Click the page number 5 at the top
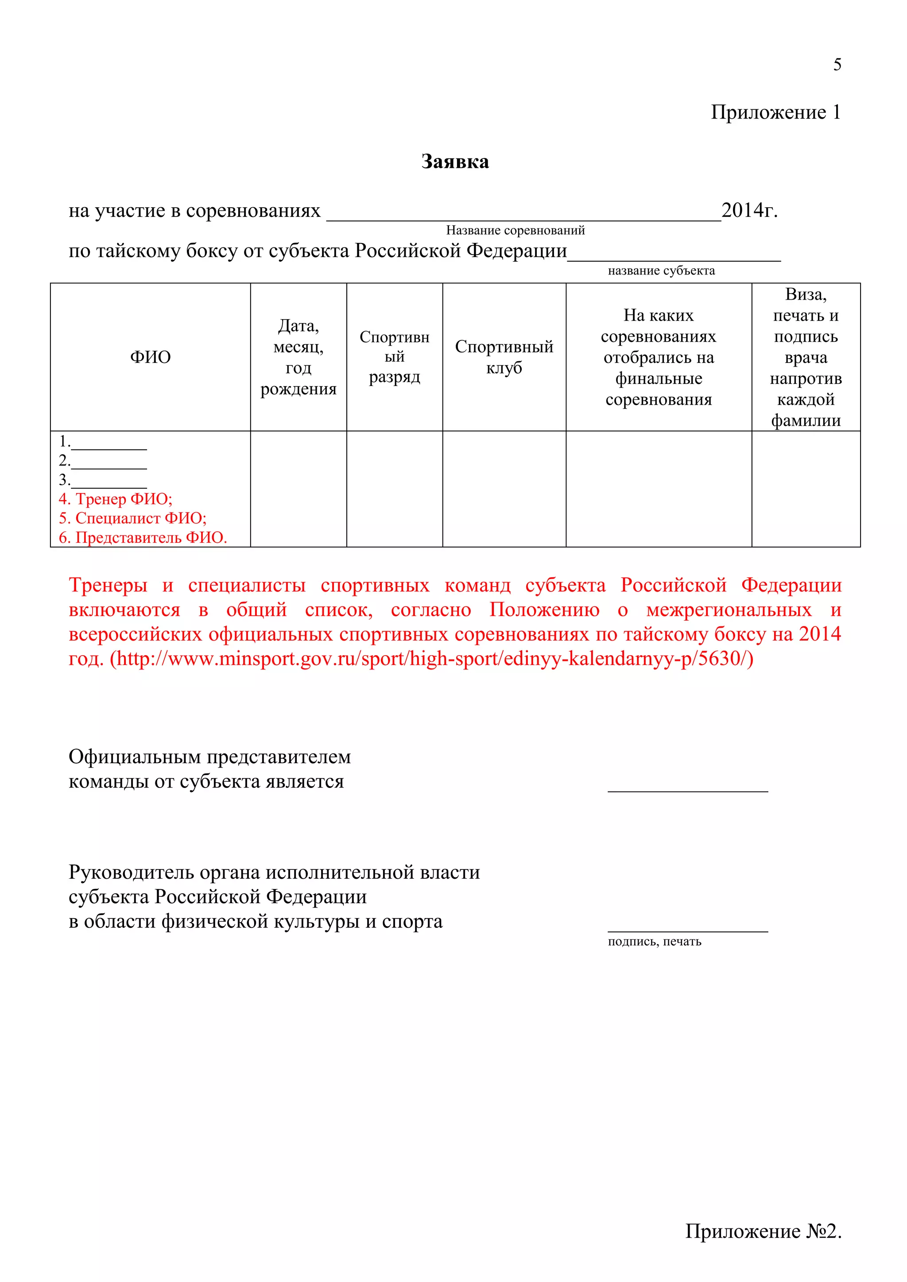tap(837, 65)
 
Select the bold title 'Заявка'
tap(455, 162)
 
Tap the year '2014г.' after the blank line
tap(749, 211)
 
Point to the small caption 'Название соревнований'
tap(515, 231)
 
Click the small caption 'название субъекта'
tap(661, 271)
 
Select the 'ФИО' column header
tap(150, 357)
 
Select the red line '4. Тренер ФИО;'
tap(116, 498)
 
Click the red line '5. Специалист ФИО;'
tap(133, 518)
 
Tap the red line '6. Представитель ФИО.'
tap(143, 538)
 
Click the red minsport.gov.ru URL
tap(431, 659)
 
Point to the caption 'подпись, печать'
tap(654, 942)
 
